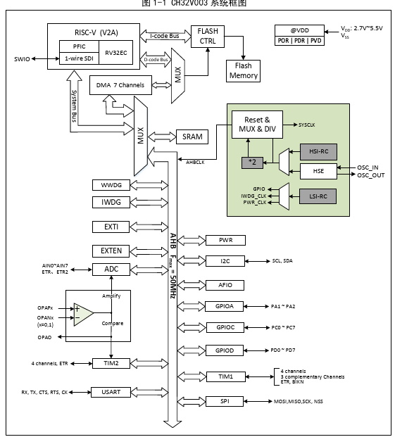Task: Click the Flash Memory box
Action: click(x=243, y=71)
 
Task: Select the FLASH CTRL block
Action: click(x=208, y=37)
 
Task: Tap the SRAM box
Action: click(x=192, y=137)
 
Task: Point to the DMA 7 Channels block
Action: click(x=120, y=85)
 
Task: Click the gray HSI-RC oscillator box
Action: click(x=318, y=151)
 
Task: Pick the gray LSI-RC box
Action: click(x=318, y=196)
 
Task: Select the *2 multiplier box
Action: click(x=252, y=163)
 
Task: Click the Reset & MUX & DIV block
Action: click(x=257, y=125)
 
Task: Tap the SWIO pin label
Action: click(x=22, y=59)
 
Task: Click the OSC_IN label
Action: click(x=368, y=167)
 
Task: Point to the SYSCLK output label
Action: click(x=306, y=125)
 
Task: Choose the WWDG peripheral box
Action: click(x=111, y=185)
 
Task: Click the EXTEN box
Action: click(x=111, y=251)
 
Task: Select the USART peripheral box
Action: click(x=111, y=392)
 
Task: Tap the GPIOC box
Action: click(x=225, y=327)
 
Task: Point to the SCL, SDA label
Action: click(x=282, y=261)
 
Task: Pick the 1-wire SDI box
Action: click(x=79, y=58)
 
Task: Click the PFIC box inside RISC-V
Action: click(x=79, y=46)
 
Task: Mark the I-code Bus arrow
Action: click(x=165, y=36)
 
